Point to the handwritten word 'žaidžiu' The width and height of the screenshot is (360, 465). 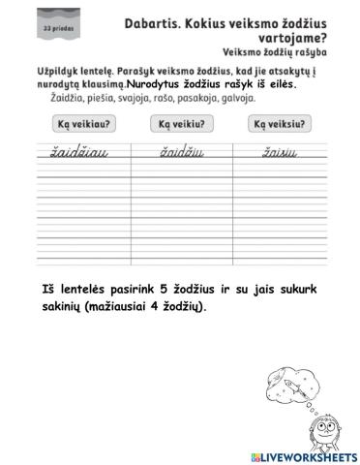pos(176,152)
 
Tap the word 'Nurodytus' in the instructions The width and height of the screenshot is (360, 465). pos(157,85)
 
